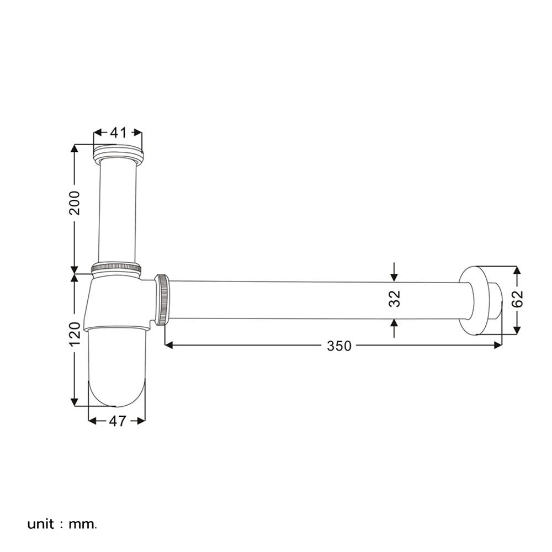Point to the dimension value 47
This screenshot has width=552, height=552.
click(x=116, y=421)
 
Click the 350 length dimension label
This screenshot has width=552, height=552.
click(x=339, y=346)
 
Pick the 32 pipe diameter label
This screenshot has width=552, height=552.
click(x=394, y=299)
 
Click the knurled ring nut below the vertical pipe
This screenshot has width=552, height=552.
click(x=116, y=268)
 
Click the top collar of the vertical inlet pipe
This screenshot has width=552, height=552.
click(x=118, y=152)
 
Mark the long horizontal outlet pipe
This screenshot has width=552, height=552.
click(x=315, y=300)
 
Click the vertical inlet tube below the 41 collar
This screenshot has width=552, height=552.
click(x=117, y=210)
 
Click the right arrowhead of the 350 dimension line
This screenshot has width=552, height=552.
click(x=498, y=345)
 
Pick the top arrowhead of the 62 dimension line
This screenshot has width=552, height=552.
click(x=517, y=270)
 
